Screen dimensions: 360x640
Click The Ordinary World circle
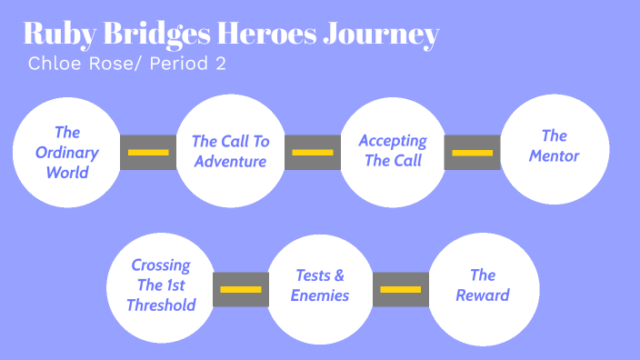coord(67,151)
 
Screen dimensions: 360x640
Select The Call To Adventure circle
coord(230,151)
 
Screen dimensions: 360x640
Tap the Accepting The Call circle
coord(393,151)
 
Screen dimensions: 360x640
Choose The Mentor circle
coord(555,148)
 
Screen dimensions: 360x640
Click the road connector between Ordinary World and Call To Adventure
coord(148,152)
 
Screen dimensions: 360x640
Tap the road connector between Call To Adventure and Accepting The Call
coord(312,152)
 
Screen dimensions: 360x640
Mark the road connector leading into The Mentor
coord(473,152)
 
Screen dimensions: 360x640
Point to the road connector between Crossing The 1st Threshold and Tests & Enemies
coord(241,289)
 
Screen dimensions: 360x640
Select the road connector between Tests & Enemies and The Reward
coord(401,289)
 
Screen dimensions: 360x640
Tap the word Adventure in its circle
coord(230,161)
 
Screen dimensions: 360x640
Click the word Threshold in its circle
coord(161,305)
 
